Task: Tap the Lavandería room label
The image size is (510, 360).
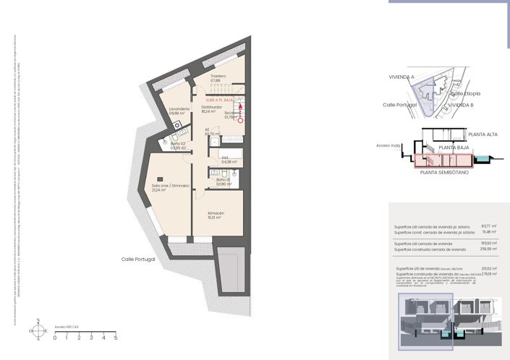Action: click(178, 109)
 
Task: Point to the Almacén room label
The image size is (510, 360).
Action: click(216, 213)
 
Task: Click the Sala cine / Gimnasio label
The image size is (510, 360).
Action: click(170, 186)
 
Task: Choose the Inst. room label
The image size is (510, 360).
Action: click(226, 158)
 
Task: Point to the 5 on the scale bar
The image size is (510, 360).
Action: click(116, 338)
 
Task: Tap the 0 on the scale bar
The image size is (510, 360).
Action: click(54, 338)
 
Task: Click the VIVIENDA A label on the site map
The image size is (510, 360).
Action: click(401, 77)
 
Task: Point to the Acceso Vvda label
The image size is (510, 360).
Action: click(387, 145)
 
